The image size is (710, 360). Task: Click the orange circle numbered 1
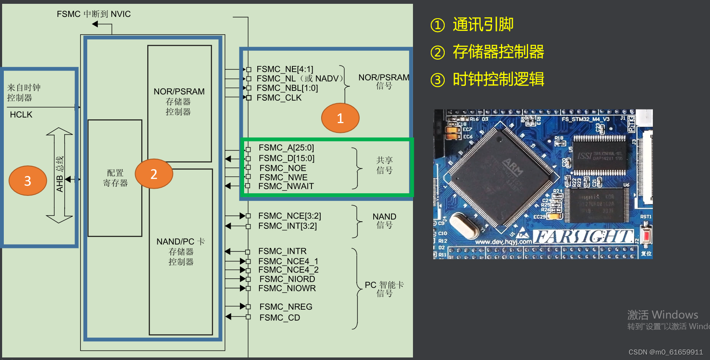point(340,118)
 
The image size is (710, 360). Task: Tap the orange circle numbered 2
point(154,173)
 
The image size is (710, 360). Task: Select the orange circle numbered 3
point(28,181)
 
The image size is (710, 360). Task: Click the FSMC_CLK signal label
point(279,98)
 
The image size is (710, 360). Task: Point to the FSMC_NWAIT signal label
point(286,186)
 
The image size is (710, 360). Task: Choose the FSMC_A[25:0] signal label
point(286,148)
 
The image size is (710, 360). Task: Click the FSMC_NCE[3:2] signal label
point(289,216)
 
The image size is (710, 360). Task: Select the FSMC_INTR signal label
point(282,251)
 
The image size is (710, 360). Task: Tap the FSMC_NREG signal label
point(286,307)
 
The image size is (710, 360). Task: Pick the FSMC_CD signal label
point(280,318)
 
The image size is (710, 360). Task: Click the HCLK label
point(21,115)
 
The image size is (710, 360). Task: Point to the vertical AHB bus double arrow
point(59,175)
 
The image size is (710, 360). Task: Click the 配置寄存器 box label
point(115,178)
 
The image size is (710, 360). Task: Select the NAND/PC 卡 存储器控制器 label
point(181,252)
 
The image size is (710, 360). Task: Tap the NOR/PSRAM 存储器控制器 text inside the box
point(179,102)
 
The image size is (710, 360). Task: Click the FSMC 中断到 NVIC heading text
point(94,14)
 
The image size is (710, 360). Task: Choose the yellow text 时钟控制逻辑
point(498,80)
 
